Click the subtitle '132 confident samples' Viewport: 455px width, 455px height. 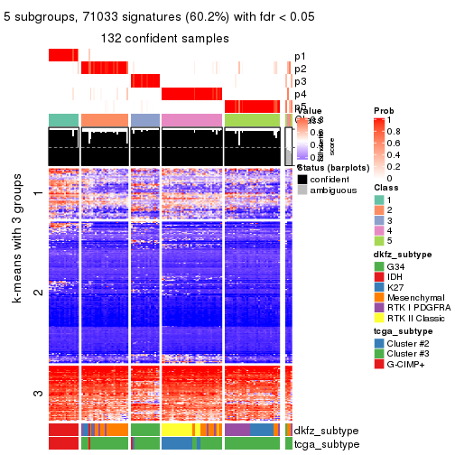coord(164,38)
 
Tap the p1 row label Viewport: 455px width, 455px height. coord(300,56)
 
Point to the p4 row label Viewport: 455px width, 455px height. coord(300,94)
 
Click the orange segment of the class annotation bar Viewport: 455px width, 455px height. coord(104,120)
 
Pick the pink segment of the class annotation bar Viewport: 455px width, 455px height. coord(191,120)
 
